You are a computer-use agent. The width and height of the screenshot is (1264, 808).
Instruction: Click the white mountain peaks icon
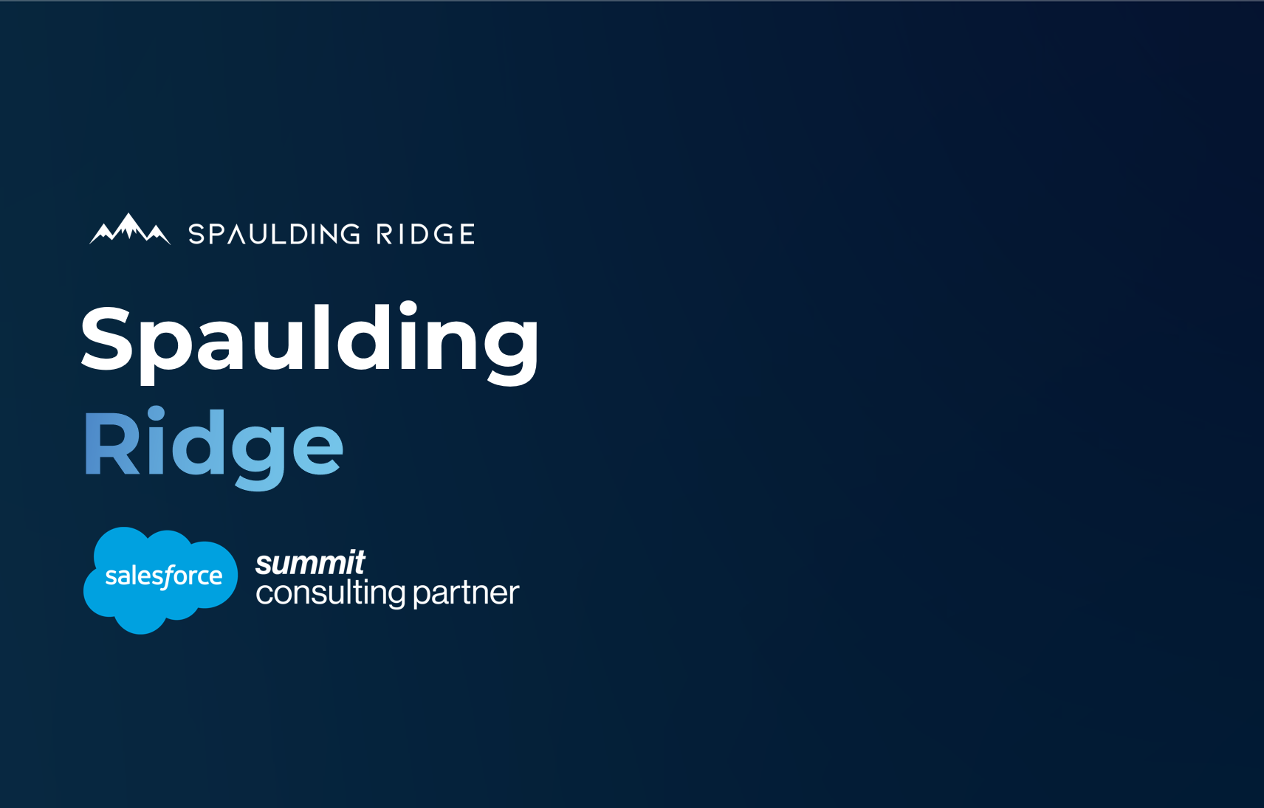130,229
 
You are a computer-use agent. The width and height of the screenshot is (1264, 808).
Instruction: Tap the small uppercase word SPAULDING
274,235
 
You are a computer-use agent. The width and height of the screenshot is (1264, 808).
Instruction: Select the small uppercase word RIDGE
425,235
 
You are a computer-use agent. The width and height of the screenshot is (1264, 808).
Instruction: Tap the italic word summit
310,563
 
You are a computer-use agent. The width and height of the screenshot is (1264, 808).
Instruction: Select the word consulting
330,593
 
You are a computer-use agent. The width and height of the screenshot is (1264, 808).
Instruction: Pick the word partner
466,593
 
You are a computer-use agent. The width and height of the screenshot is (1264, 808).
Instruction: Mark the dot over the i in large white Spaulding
408,308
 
